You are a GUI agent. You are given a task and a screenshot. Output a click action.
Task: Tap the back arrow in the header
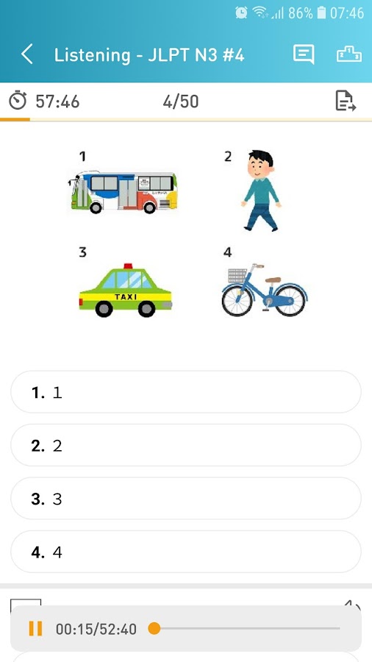(26, 55)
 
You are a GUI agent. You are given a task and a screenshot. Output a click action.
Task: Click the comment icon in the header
(304, 54)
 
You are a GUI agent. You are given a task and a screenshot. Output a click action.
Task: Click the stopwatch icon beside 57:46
(18, 101)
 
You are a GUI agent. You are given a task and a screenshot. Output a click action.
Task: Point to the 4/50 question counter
(181, 102)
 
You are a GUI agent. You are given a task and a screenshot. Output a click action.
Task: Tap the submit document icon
(346, 101)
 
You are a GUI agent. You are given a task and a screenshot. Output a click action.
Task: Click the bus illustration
(123, 192)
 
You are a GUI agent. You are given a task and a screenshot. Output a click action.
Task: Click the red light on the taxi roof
(128, 266)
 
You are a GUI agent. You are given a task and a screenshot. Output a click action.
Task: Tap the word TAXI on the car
(126, 297)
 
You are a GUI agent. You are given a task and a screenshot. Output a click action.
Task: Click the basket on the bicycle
(237, 276)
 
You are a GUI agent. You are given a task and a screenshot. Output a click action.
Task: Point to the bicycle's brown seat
(273, 280)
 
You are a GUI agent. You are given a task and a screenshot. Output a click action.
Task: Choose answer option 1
(185, 392)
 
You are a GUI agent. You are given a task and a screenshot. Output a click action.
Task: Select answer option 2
(185, 446)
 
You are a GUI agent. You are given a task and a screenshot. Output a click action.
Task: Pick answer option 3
(185, 499)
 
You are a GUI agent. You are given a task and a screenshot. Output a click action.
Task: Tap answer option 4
(185, 552)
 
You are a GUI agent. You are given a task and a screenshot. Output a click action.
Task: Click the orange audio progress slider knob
(154, 628)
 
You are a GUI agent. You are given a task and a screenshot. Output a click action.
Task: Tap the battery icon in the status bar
(321, 13)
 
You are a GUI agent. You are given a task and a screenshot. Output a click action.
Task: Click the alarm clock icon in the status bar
(241, 13)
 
